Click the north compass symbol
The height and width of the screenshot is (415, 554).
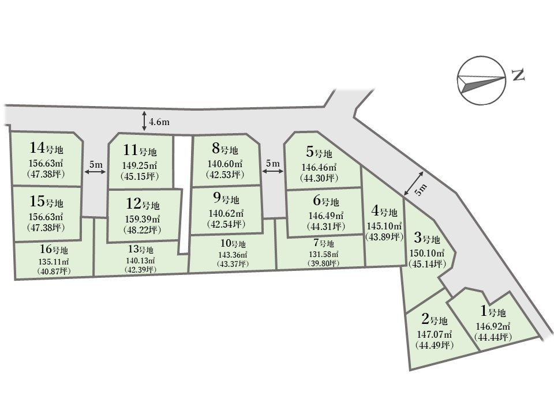pos(481,81)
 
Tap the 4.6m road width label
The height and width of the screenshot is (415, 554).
pos(159,122)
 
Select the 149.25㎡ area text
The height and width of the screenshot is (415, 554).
pos(141,165)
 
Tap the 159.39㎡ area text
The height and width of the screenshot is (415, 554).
pos(143,219)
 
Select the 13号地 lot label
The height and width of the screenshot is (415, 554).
pos(140,250)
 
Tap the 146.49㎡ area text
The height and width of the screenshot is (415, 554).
pos(319,215)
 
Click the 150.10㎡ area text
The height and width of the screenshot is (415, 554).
pos(427,253)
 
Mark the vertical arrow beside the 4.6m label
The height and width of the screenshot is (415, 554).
pos(144,122)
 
